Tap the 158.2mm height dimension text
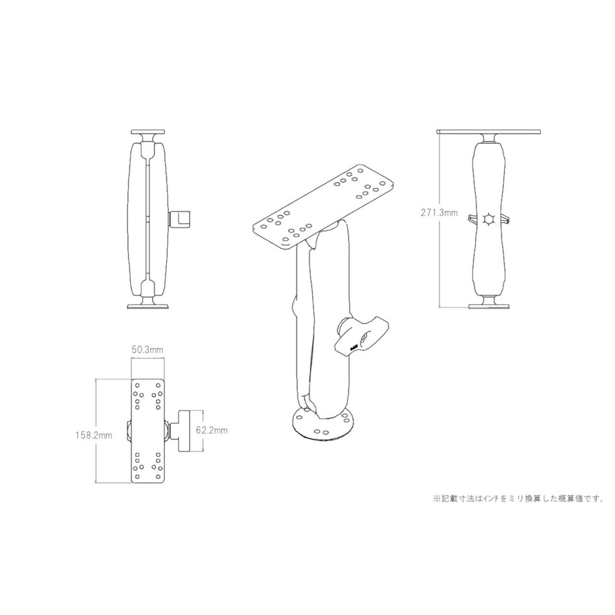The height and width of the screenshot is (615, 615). coord(93,436)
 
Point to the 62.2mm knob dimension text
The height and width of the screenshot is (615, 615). coord(212,430)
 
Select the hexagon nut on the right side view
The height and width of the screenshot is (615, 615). coord(489,220)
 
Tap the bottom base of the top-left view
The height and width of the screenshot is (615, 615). coord(148,305)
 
